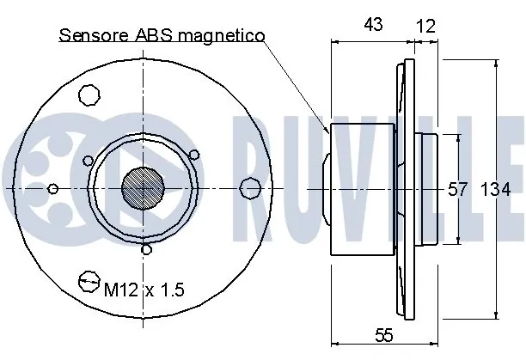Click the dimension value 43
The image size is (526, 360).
tap(373, 24)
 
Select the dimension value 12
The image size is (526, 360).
tap(425, 26)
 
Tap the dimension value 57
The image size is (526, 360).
tap(457, 190)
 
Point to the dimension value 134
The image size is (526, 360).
tap(496, 190)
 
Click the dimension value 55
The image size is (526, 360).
tap(384, 335)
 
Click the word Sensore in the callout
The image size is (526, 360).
tap(94, 35)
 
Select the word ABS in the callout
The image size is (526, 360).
tap(154, 35)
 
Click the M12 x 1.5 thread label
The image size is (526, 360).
tap(144, 290)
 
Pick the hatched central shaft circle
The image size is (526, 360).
tap(144, 188)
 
